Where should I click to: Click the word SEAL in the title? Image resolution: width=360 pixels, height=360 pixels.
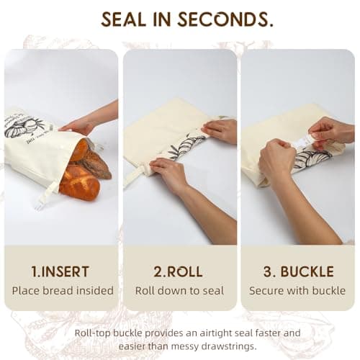[126, 19]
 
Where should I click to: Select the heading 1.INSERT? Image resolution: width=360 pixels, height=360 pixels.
[60, 272]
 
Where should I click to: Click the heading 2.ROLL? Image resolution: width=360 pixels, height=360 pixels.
[179, 272]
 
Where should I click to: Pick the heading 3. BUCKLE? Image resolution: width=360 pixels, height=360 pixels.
[298, 272]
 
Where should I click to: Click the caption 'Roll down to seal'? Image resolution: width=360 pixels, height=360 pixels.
[179, 291]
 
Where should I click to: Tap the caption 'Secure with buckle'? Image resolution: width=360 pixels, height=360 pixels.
[298, 291]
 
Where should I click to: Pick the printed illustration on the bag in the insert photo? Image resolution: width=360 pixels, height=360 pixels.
[28, 127]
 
